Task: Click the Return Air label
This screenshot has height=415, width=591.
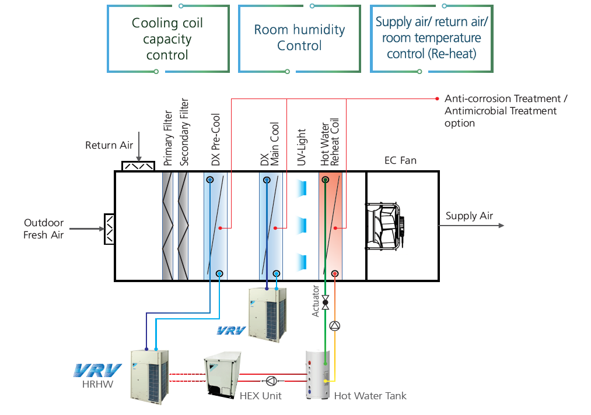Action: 109,145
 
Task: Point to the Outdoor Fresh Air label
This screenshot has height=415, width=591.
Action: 44,229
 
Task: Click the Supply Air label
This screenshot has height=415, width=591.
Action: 469,216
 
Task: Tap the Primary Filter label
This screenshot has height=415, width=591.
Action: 168,138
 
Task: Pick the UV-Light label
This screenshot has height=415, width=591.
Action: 302,147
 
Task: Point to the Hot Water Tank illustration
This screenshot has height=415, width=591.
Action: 318,374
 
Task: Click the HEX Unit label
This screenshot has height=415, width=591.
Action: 261,396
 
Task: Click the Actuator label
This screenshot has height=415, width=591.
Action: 316,301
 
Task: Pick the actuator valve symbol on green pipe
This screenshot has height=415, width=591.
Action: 326,303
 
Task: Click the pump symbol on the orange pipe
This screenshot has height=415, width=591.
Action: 335,325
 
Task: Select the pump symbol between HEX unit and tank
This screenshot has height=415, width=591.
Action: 271,381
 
